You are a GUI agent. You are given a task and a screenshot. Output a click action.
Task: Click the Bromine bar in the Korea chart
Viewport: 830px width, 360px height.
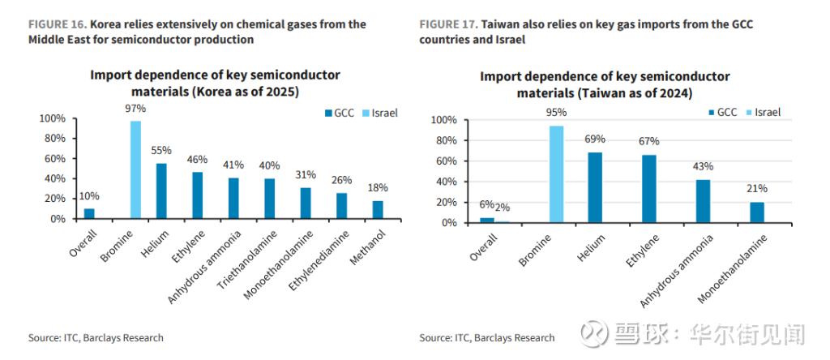pyautogui.click(x=135, y=169)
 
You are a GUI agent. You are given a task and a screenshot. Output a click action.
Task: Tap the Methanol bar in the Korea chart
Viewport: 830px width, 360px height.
pyautogui.click(x=378, y=209)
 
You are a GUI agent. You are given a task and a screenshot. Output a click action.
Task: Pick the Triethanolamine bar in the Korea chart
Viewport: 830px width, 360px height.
pyautogui.click(x=270, y=199)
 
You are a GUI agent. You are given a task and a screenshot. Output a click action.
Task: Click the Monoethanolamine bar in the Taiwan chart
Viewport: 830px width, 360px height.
pyautogui.click(x=757, y=212)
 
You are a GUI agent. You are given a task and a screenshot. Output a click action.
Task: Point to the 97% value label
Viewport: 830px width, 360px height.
pyautogui.click(x=135, y=108)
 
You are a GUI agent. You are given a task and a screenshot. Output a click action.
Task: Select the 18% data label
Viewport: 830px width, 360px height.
pyautogui.click(x=378, y=188)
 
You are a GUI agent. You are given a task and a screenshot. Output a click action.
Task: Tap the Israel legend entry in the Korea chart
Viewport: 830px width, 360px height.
pyautogui.click(x=381, y=114)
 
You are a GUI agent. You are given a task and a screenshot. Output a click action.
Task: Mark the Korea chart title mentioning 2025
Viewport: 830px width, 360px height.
pyautogui.click(x=215, y=84)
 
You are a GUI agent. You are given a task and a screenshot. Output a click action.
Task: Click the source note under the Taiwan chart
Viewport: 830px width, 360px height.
pyautogui.click(x=486, y=337)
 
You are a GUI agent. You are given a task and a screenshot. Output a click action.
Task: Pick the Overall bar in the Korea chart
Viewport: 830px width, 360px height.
pyautogui.click(x=89, y=214)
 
